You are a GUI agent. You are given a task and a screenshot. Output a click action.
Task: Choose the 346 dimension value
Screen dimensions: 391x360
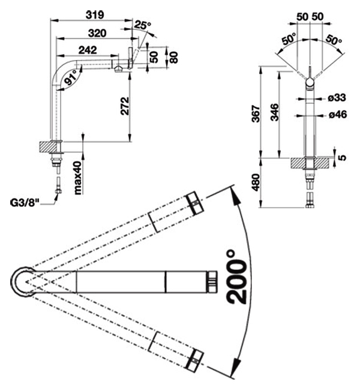pos(275,113)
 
